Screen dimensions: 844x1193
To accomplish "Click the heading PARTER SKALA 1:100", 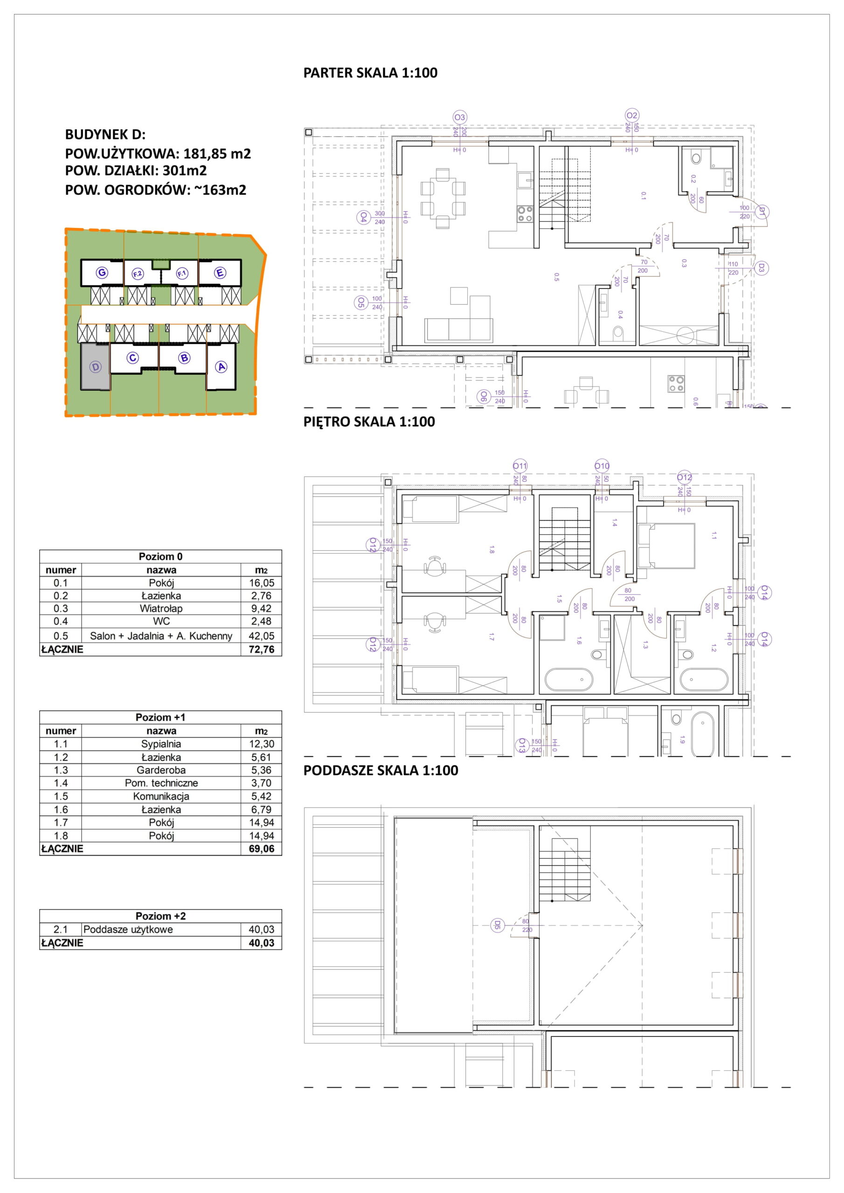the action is (x=370, y=73).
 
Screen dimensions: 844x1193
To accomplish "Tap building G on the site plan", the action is (x=102, y=272).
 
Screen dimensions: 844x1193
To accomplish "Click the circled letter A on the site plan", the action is (x=221, y=367).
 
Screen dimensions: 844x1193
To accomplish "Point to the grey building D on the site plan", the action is (x=95, y=366).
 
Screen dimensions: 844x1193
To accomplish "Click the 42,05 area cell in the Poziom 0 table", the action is (x=261, y=636).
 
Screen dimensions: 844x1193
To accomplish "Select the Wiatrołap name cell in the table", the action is (x=161, y=609).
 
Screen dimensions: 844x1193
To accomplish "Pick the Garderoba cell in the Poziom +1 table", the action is (x=161, y=770).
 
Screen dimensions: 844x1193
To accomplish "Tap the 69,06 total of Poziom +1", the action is (x=261, y=849).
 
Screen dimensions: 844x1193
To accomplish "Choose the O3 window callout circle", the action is (x=460, y=117).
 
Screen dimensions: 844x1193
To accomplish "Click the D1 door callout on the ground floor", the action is (x=762, y=212).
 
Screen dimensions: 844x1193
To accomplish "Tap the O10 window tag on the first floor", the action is (x=602, y=466).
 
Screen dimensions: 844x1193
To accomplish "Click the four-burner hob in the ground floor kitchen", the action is (x=525, y=213).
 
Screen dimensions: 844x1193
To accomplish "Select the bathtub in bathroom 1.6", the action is (x=568, y=679).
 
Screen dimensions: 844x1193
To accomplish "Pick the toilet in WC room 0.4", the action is (x=618, y=331).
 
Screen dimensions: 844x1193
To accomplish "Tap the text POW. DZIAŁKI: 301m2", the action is (x=136, y=171).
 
